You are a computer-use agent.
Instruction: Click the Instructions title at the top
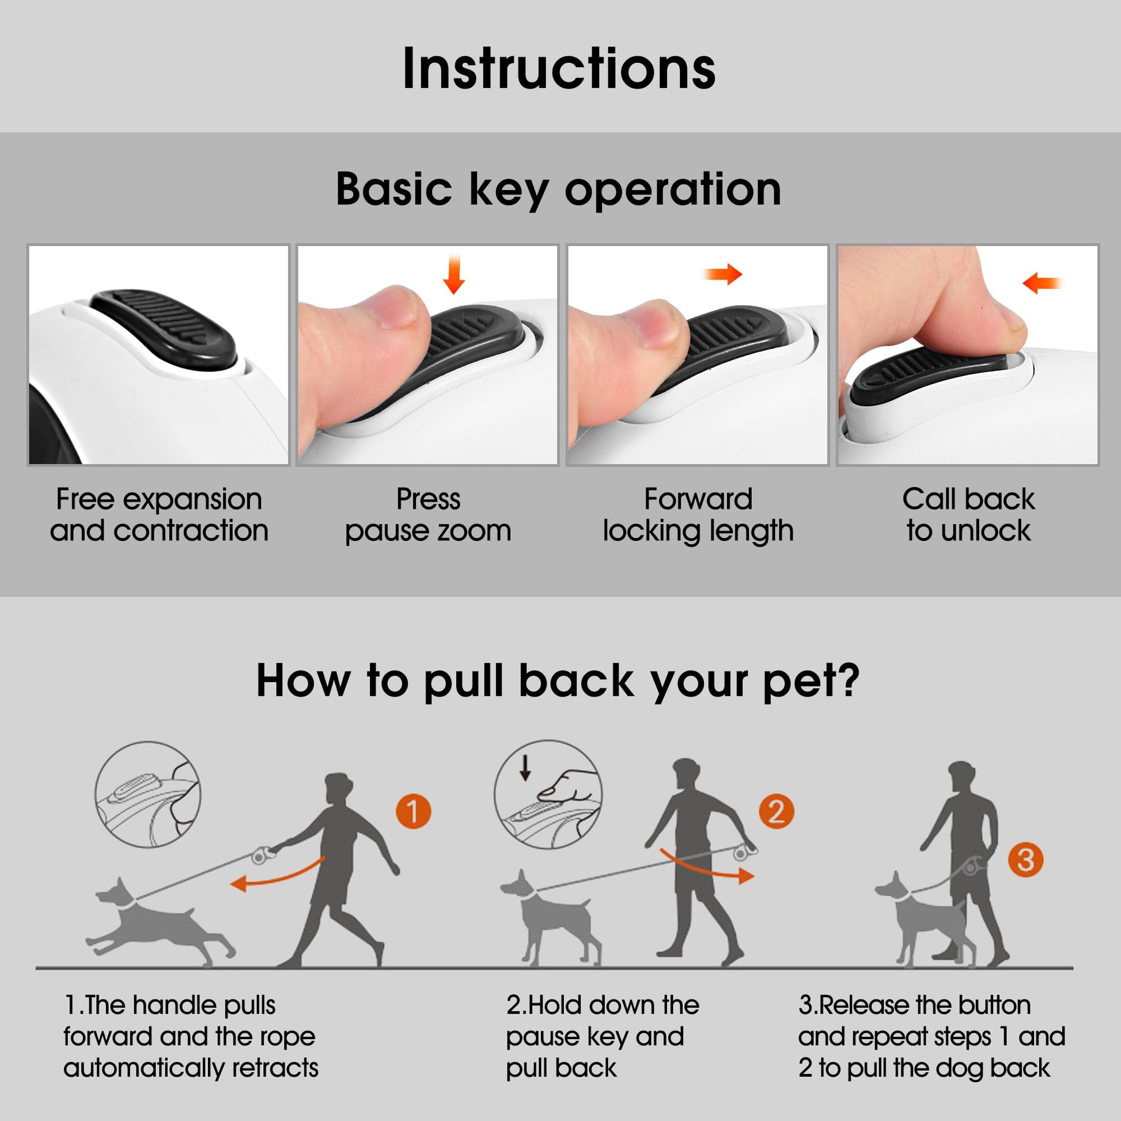coord(559,69)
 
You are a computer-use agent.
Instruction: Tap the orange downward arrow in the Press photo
coord(454,274)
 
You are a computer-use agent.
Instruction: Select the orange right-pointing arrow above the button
coord(722,274)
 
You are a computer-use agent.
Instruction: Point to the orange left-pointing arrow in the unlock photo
coord(1042,283)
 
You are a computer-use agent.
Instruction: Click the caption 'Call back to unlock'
coord(968,514)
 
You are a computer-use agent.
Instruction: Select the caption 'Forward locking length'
coord(698,515)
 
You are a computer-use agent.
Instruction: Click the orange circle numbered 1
coord(413,811)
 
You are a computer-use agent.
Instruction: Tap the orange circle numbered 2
coord(777,811)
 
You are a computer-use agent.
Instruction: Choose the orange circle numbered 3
coord(1025,859)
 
